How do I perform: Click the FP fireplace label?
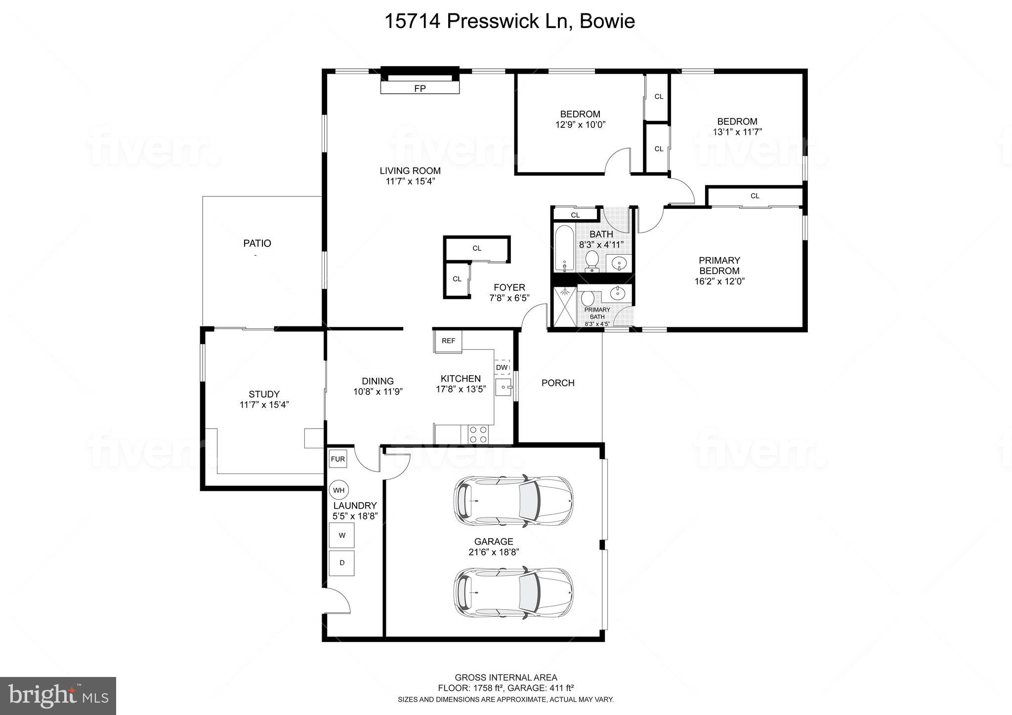tap(420, 88)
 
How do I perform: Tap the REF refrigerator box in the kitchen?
tap(448, 341)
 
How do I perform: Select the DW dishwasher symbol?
tap(502, 367)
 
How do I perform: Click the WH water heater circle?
tap(338, 490)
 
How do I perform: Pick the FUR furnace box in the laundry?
tap(338, 459)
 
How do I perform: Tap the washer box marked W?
tap(342, 535)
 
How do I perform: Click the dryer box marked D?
tap(342, 563)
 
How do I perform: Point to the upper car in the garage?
tap(513, 501)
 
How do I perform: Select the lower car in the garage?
tap(513, 592)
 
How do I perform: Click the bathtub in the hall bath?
tap(564, 248)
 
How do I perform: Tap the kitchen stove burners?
tap(478, 434)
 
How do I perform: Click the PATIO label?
tap(257, 243)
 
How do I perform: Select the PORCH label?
tap(558, 383)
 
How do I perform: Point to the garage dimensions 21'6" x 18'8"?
tap(493, 552)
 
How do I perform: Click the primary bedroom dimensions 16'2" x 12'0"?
tap(719, 281)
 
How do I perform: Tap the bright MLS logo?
tap(58, 696)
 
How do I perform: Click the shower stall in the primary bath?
tap(564, 307)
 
